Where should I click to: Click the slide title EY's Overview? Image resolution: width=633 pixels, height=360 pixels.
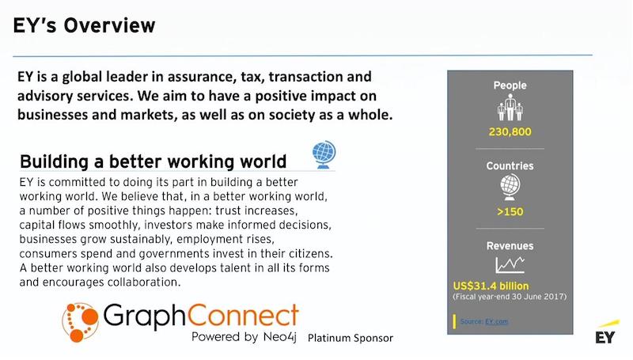[x=84, y=25]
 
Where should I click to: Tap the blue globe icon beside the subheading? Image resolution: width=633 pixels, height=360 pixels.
[x=324, y=154]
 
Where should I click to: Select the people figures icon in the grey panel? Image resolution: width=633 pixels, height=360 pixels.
[x=510, y=108]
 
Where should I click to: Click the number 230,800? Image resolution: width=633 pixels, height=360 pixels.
[x=510, y=132]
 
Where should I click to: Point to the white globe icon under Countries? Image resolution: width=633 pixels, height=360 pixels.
[x=510, y=187]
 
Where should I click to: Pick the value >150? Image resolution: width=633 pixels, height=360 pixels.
[x=510, y=212]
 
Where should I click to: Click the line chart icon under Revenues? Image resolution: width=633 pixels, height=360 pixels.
[x=510, y=265]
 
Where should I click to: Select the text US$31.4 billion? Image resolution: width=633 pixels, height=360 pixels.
[x=491, y=286]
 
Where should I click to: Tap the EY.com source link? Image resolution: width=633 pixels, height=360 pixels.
[x=497, y=322]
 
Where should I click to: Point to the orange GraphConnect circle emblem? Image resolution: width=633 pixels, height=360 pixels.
[x=81, y=322]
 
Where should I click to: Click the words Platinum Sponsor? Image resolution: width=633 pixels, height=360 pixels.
[x=351, y=338]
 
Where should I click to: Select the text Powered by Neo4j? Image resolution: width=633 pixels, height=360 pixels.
[x=244, y=337]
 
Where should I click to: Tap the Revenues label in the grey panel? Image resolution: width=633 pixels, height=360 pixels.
[x=510, y=246]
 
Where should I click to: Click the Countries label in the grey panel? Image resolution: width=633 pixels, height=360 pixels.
[x=510, y=166]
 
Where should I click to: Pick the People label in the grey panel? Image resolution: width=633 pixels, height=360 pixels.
[x=510, y=85]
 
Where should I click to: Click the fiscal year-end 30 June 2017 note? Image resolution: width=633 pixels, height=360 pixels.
[x=510, y=297]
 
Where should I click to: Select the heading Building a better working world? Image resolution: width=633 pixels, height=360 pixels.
[x=153, y=161]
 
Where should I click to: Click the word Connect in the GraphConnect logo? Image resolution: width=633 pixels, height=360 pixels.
[x=244, y=316]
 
